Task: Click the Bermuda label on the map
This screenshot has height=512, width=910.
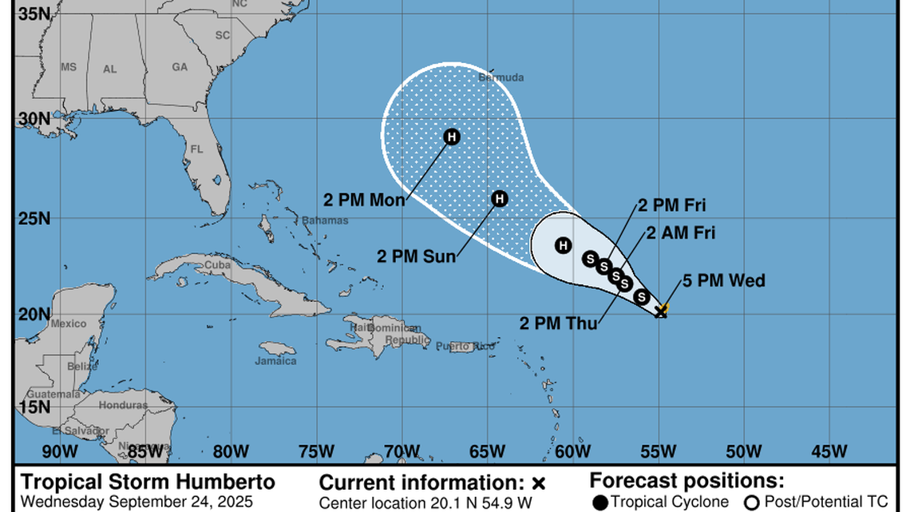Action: pos(500,77)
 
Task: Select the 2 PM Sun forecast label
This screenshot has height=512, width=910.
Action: pos(417,256)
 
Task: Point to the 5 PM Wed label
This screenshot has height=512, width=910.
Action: pos(724,280)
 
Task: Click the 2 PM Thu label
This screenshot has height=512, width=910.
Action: pos(558,323)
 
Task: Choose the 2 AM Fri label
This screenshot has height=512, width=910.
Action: pos(680,233)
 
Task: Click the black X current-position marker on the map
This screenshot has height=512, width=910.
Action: pos(661,312)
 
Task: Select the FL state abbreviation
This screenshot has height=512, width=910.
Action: pos(197,149)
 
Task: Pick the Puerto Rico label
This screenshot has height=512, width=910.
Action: pos(465,346)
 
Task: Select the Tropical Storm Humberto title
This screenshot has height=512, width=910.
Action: pos(148,482)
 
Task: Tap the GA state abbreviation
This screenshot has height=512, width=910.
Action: pos(179,67)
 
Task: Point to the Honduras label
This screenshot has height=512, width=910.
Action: pos(123,405)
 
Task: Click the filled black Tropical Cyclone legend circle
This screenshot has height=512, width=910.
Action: pos(600,502)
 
